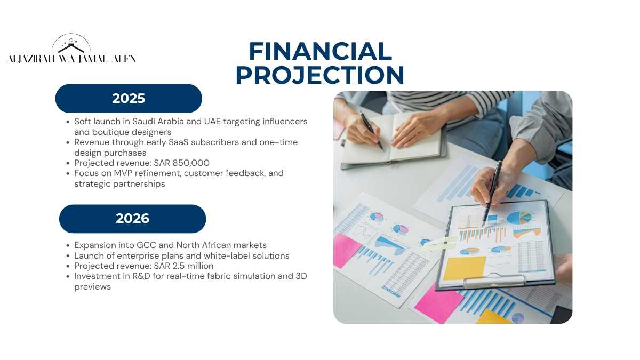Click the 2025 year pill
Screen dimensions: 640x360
[129, 99]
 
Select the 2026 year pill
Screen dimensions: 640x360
[132, 219]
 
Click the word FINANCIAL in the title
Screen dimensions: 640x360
[321, 51]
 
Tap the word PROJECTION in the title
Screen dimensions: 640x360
[320, 75]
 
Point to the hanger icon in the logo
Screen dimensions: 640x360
[71, 46]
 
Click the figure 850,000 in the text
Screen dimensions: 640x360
[191, 163]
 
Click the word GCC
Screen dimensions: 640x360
[146, 245]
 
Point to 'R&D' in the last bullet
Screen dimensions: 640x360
[141, 276]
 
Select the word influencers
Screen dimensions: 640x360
[285, 122]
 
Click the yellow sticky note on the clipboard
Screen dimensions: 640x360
[465, 268]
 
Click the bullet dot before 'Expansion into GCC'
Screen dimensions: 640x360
[68, 245]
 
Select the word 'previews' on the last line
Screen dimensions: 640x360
[93, 287]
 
